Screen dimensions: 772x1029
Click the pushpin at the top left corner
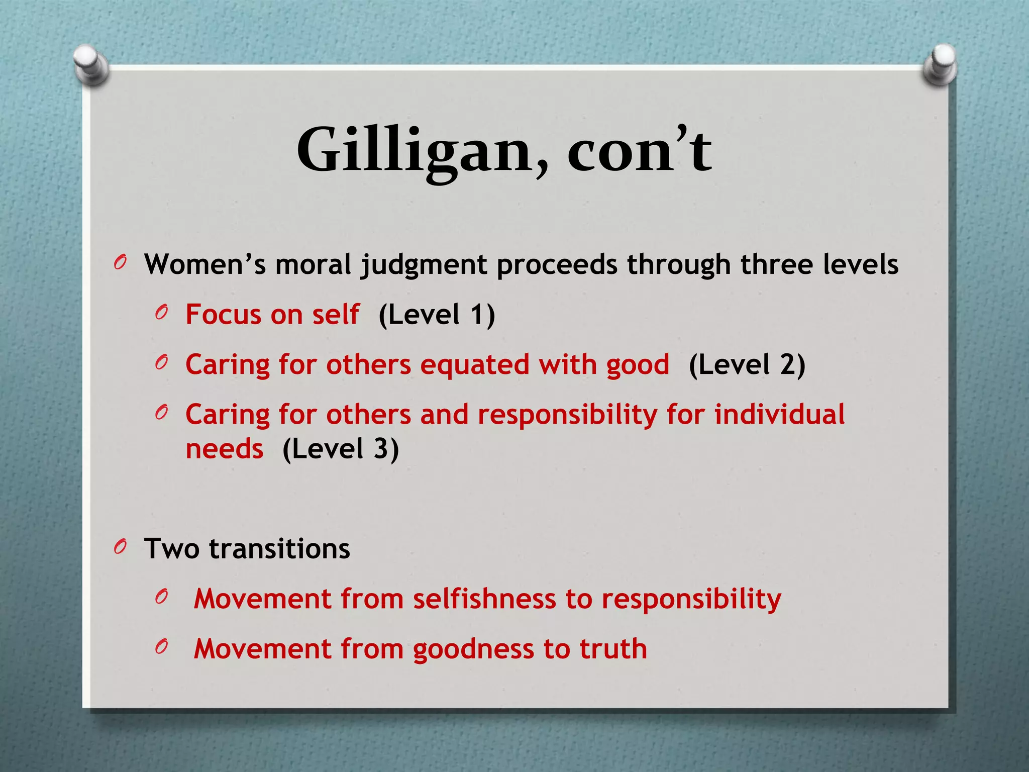click(90, 64)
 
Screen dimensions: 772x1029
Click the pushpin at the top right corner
click(940, 64)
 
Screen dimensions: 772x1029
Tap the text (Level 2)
click(747, 365)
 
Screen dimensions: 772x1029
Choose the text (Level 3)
click(341, 449)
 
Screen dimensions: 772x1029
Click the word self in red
click(336, 315)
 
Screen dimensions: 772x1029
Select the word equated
click(475, 365)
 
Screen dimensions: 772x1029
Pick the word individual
click(779, 415)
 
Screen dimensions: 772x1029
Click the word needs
click(225, 449)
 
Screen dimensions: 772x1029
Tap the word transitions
click(279, 548)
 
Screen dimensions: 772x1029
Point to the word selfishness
click(485, 599)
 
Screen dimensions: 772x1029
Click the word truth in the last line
click(613, 648)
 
